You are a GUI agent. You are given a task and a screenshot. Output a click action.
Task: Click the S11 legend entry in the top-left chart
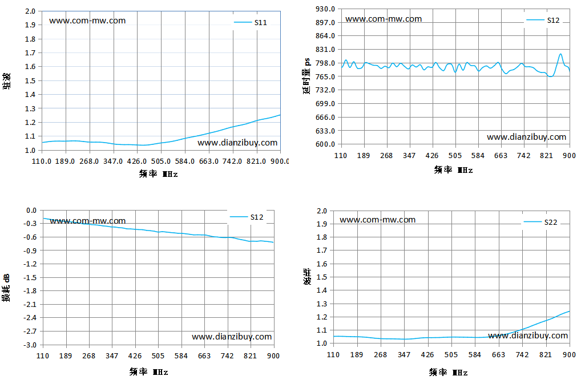(x=251, y=23)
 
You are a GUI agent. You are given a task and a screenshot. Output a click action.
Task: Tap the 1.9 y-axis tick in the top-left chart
(x=30, y=25)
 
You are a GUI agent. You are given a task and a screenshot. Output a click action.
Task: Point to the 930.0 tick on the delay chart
(x=325, y=9)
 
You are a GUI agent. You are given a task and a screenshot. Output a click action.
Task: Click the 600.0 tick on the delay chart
(x=325, y=144)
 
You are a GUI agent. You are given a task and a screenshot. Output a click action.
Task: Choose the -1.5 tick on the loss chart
(x=30, y=277)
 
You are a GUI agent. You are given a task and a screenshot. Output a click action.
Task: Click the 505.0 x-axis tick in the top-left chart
(x=161, y=161)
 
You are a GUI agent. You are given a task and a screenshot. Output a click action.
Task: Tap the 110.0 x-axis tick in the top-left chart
(x=42, y=161)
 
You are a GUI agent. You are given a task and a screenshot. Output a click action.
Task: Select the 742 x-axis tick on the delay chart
(x=523, y=156)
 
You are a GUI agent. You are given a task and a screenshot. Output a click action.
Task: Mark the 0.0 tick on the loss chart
(x=31, y=211)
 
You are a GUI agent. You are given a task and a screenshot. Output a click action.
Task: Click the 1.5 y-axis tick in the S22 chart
(x=322, y=277)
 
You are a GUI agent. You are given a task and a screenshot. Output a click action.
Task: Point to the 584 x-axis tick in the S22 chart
(x=475, y=355)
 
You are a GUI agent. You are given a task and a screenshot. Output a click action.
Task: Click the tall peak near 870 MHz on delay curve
(x=560, y=54)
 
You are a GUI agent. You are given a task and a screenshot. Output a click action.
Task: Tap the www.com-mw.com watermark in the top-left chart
(x=87, y=21)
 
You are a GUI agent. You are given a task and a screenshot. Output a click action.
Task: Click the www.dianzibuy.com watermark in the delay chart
(x=527, y=137)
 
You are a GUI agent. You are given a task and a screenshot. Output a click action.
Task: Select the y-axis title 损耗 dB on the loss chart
(x=6, y=288)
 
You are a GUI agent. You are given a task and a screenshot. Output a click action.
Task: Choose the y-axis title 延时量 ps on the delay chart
(x=307, y=76)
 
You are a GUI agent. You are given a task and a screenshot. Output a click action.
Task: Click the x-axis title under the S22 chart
(x=449, y=373)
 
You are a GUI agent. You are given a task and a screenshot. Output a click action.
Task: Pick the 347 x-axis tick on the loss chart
(x=112, y=355)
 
